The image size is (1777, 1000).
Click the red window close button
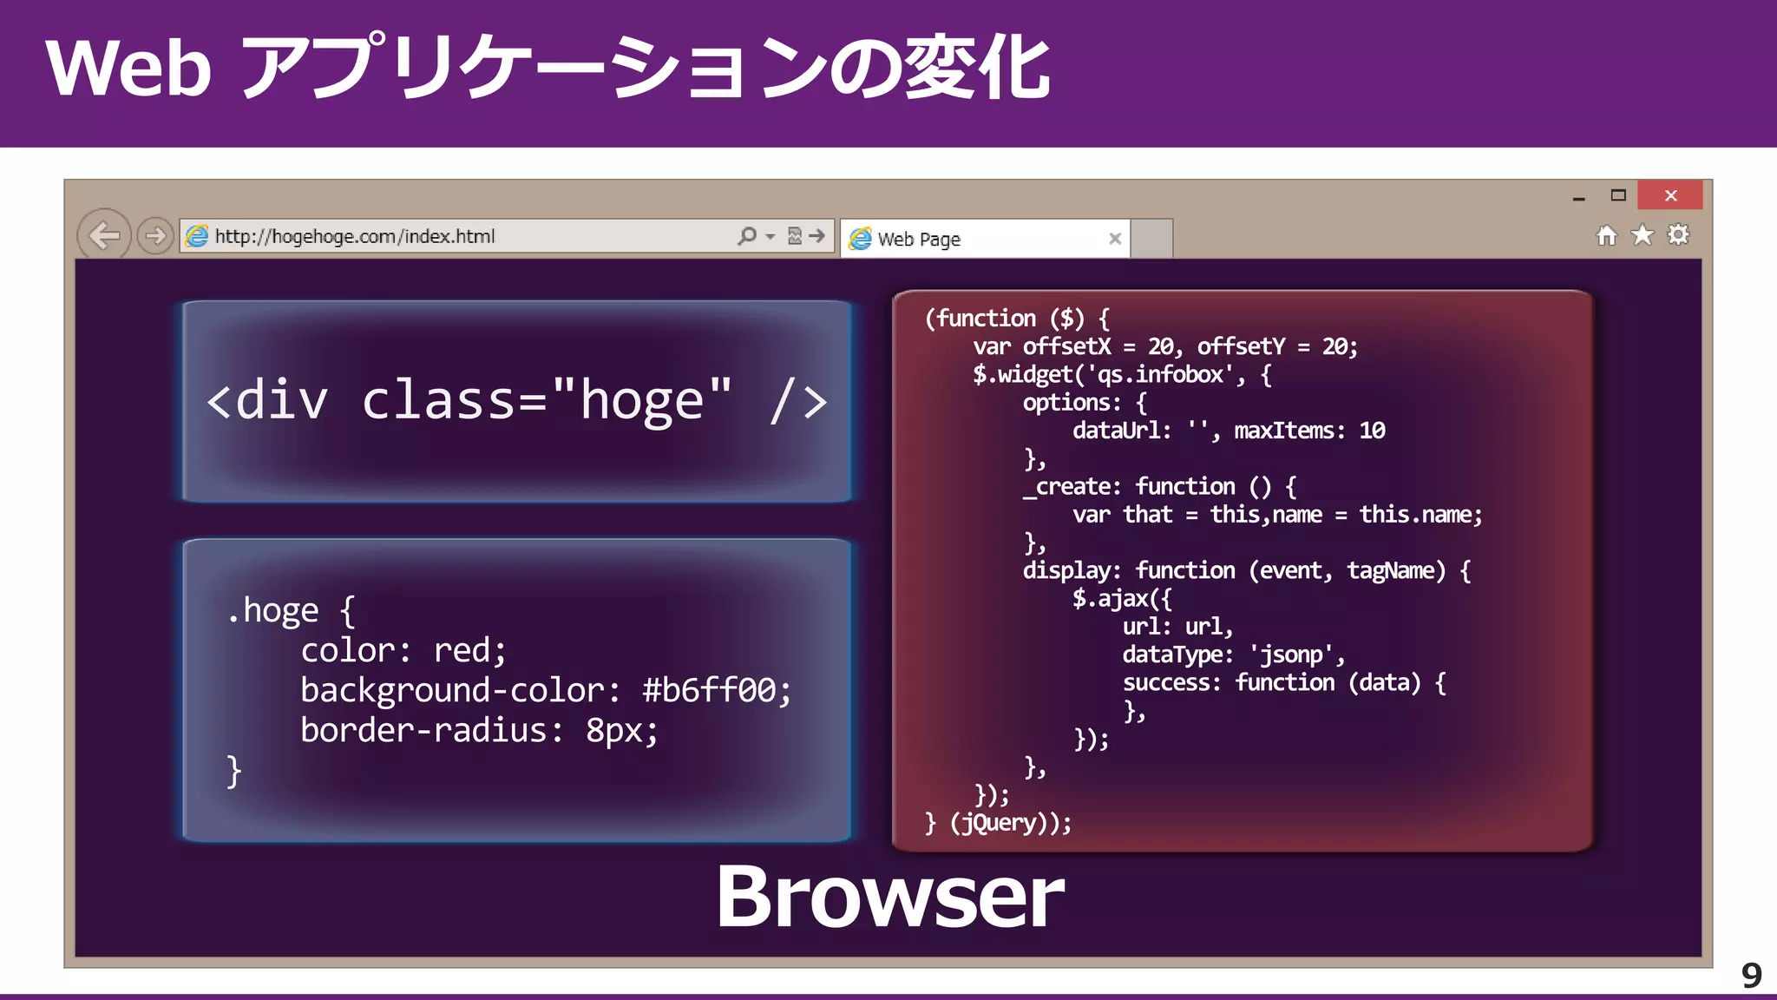[1669, 195]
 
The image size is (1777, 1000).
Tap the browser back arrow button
[104, 235]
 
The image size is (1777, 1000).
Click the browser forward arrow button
[155, 235]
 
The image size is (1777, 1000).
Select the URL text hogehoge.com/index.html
[354, 236]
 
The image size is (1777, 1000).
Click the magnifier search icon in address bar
[746, 235]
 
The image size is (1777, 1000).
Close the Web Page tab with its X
[1115, 239]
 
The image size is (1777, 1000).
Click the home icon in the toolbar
[1606, 235]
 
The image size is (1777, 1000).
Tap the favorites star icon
[1642, 235]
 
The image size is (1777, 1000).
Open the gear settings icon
[1678, 235]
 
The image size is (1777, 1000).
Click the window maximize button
[1618, 195]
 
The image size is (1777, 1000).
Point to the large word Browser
[889, 897]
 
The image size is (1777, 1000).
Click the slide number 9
[1751, 976]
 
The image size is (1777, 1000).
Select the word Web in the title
[128, 68]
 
